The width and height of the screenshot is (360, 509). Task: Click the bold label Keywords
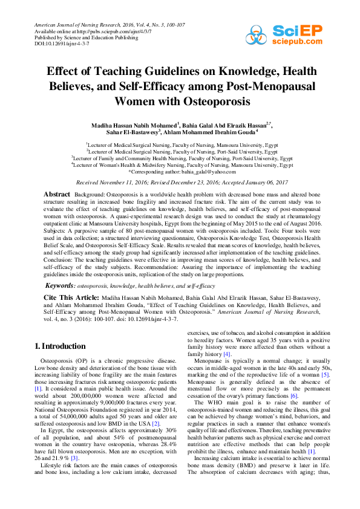click(61, 284)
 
